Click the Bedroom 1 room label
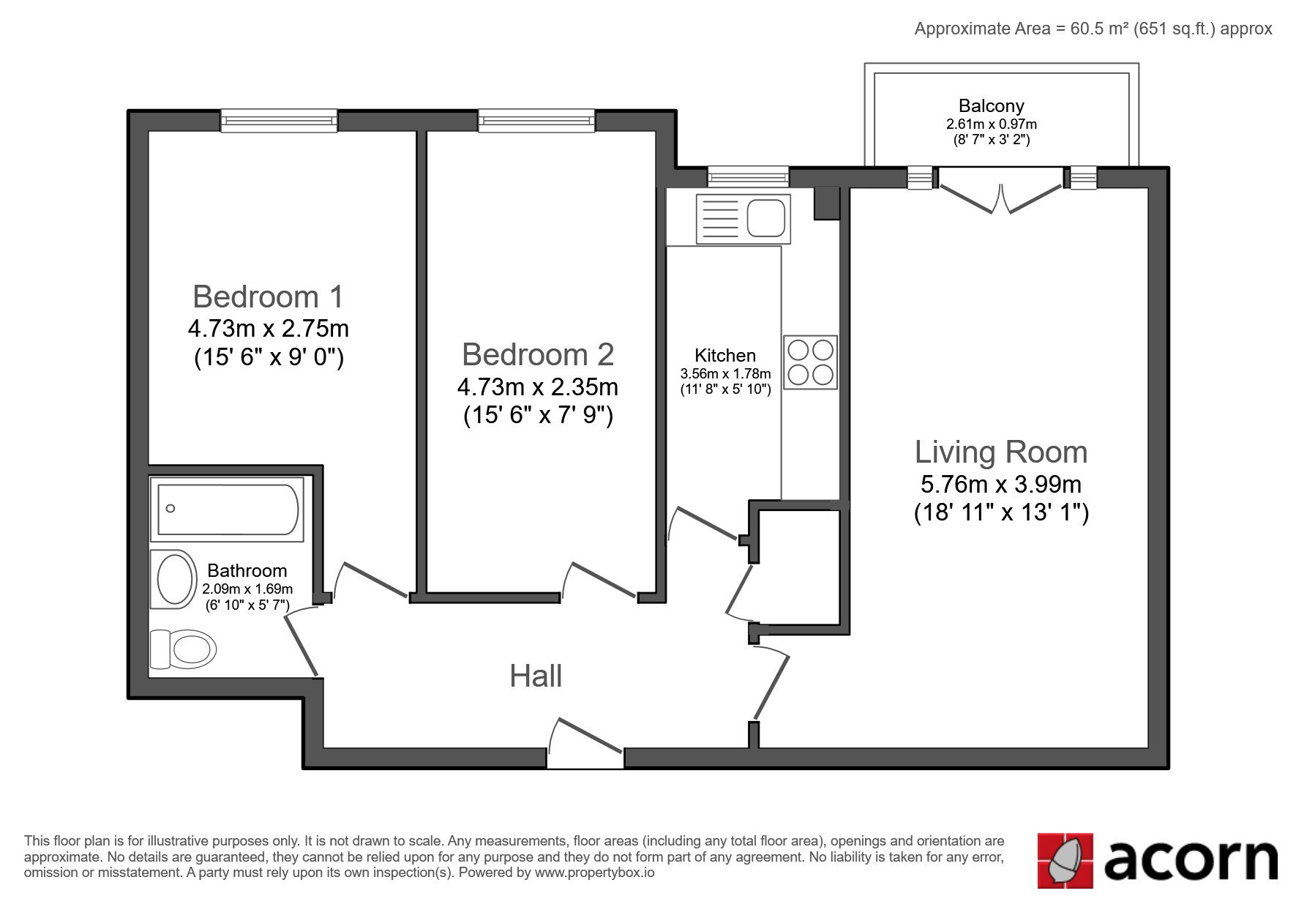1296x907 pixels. [268, 296]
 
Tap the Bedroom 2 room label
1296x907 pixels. [538, 354]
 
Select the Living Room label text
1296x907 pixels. [1001, 452]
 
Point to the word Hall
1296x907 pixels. [536, 676]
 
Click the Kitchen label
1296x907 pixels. [725, 356]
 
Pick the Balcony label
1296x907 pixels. [992, 106]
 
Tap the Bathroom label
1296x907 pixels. [247, 570]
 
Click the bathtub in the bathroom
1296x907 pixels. [227, 509]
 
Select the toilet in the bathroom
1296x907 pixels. [183, 649]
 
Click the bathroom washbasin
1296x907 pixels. [174, 579]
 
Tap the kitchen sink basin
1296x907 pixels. [766, 218]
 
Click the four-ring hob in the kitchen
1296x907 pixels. [811, 362]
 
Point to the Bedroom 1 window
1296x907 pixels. [279, 120]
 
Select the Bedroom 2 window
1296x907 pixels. [536, 120]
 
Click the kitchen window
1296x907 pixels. [749, 176]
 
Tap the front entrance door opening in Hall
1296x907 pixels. [585, 758]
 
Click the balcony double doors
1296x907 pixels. [1000, 189]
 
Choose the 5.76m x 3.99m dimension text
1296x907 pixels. [1001, 484]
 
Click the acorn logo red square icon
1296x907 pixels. [1065, 860]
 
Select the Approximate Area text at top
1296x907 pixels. [1093, 29]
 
